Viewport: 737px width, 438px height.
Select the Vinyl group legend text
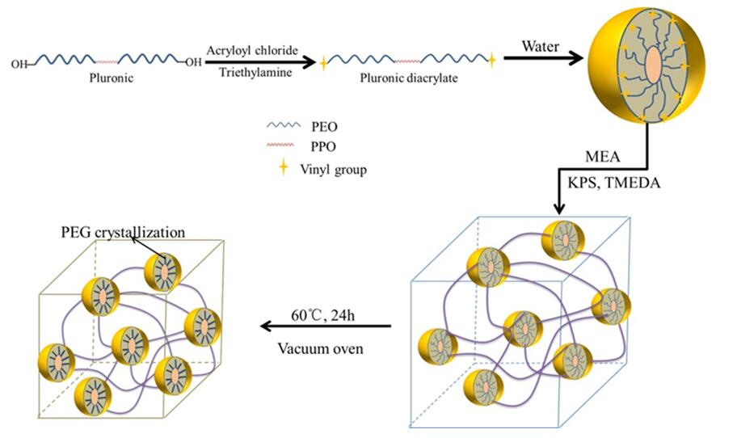[x=338, y=170]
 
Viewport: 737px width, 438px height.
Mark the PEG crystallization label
[x=123, y=232]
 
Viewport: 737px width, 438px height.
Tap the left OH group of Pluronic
[x=18, y=61]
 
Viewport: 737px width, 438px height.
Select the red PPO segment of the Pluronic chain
[x=106, y=61]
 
